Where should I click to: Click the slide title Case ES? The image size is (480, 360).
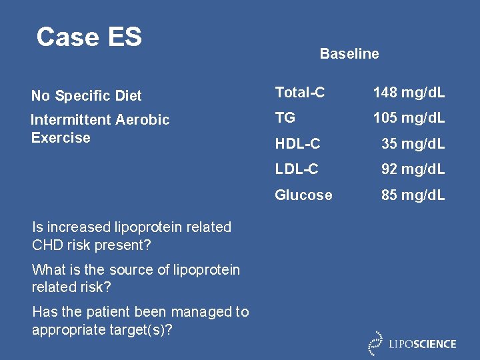click(89, 37)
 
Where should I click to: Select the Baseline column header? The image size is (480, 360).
click(349, 54)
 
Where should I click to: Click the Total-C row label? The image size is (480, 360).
click(300, 93)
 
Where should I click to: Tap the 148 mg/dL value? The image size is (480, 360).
click(409, 93)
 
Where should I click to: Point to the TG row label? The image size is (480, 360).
click(285, 118)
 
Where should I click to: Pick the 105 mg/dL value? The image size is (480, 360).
click(409, 118)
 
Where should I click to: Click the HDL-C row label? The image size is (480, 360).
click(298, 143)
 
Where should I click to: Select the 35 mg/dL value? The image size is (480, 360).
click(413, 143)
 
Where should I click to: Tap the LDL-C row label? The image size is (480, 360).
click(297, 169)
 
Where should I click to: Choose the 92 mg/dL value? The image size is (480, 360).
click(413, 169)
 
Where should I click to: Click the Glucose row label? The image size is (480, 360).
click(303, 195)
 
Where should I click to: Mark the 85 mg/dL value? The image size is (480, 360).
click(413, 195)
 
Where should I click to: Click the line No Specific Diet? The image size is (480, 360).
click(86, 96)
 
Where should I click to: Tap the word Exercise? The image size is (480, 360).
click(61, 138)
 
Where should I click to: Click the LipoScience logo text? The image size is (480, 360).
click(423, 344)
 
